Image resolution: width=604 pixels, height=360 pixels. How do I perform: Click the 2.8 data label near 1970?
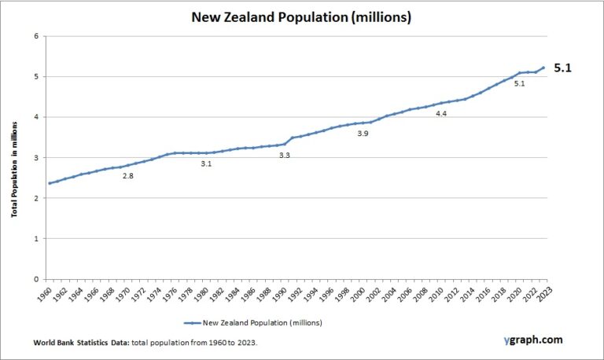coord(127,175)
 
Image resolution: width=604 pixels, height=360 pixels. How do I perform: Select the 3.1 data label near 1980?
coord(206,163)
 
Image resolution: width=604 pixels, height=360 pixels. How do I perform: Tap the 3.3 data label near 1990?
coord(285,156)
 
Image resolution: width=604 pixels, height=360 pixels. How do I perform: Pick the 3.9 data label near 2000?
coord(363,134)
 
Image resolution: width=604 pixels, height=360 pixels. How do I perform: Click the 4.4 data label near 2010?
coord(441,114)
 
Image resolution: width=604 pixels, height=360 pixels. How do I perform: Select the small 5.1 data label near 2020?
coord(519,83)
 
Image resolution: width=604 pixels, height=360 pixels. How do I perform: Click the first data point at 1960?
coord(50,183)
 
